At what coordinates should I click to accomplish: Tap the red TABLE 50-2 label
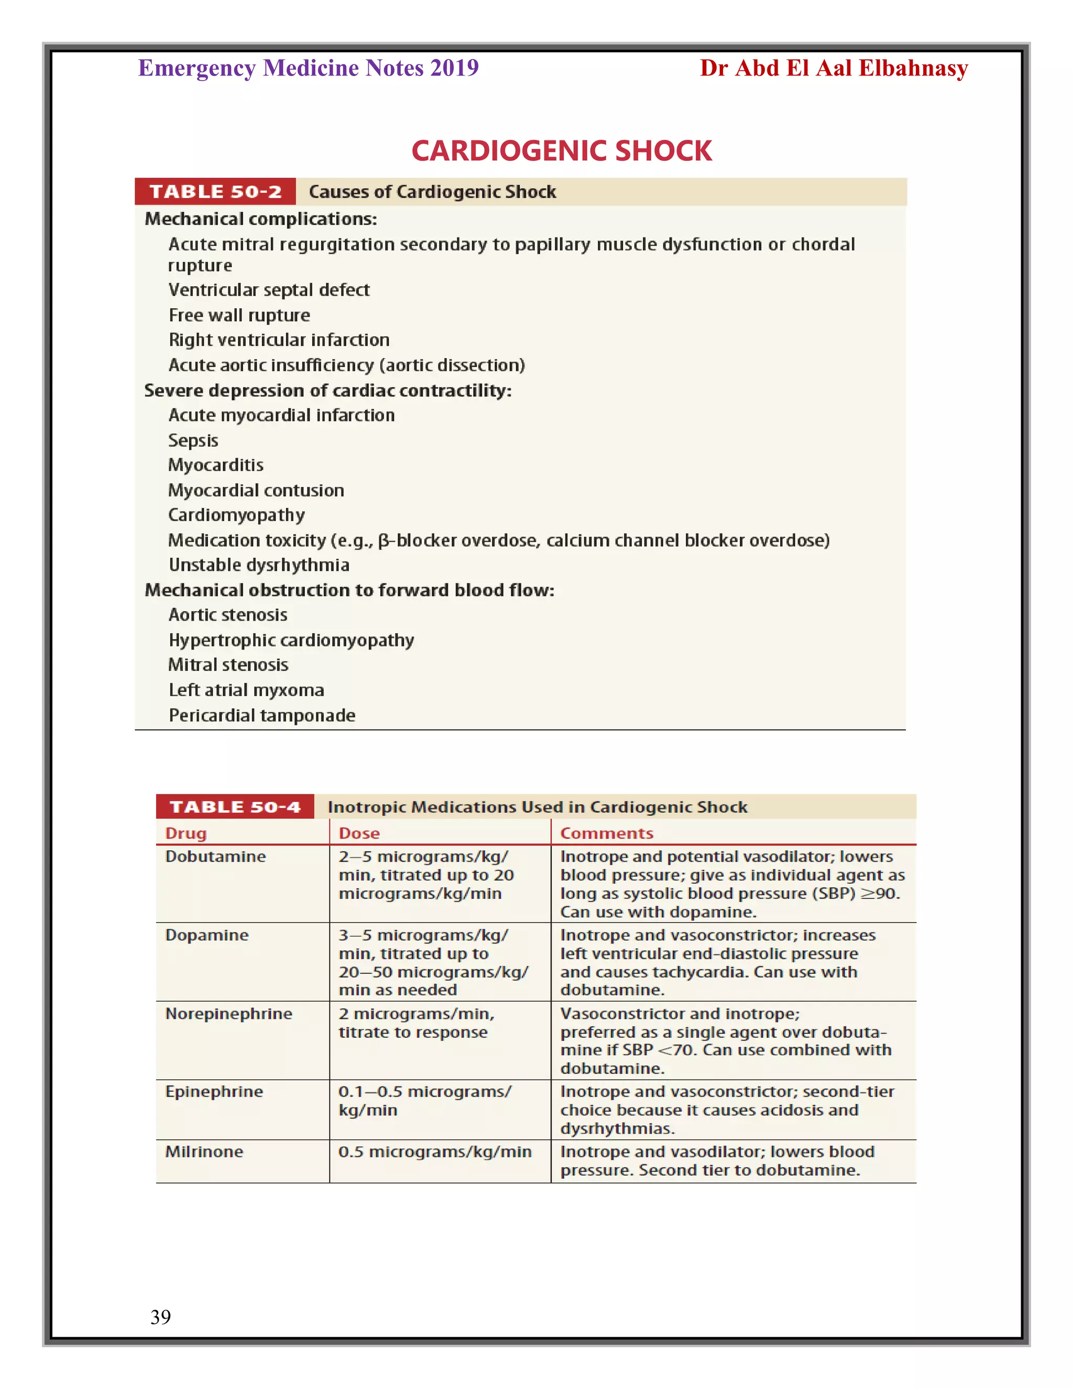215,191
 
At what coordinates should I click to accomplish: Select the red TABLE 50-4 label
235,807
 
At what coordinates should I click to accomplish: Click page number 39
160,1317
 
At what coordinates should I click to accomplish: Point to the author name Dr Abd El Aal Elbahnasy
834,68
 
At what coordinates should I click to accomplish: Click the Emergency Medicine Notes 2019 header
308,68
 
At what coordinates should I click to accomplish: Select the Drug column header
185,833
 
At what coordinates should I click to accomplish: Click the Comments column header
606,833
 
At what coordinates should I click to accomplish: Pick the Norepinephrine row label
228,1014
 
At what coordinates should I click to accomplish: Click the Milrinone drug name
204,1152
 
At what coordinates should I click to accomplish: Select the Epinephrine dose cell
424,1101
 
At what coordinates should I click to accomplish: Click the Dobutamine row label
215,856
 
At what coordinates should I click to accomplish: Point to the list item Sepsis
193,440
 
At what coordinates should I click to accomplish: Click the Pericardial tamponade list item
261,715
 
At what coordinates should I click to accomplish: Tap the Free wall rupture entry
239,316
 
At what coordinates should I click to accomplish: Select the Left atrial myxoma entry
246,690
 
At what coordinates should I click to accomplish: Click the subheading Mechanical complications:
260,219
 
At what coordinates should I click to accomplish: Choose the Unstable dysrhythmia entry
259,565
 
